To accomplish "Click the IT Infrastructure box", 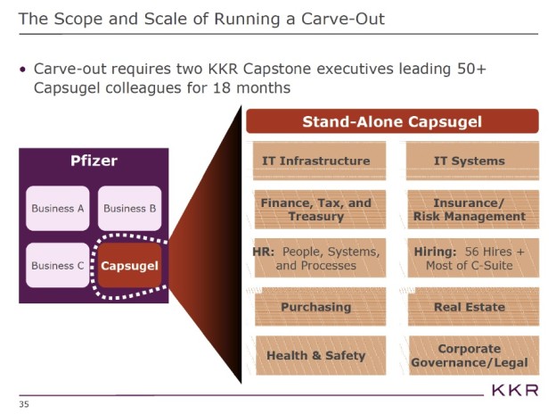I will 315,161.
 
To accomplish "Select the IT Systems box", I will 469,161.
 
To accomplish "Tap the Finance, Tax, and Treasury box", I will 315,210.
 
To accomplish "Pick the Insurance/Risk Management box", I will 469,210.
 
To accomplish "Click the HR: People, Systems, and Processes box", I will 315,259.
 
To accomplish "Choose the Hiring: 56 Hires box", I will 469,259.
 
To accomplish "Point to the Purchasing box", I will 315,307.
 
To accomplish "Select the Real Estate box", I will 469,307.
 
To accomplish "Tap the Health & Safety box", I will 315,355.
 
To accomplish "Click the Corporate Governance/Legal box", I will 469,355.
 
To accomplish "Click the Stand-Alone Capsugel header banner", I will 392,121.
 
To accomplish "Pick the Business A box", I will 58,209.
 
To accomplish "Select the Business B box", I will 130,209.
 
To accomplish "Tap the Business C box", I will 58,266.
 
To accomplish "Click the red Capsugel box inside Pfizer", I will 130,266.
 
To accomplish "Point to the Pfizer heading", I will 94,161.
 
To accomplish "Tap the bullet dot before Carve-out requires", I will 22,69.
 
